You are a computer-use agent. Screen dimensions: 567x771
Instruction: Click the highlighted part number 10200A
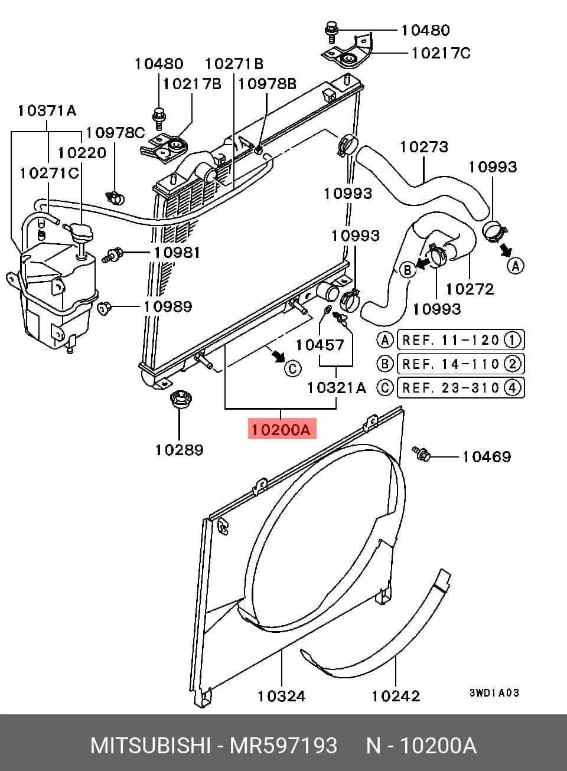(282, 430)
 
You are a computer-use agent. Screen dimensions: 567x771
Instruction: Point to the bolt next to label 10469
(422, 453)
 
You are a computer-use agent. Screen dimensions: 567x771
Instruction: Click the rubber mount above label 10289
(181, 399)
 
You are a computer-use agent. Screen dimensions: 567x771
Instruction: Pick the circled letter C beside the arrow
(292, 368)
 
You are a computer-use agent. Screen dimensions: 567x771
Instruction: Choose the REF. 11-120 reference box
(461, 340)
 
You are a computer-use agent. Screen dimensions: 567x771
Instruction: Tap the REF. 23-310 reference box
(461, 387)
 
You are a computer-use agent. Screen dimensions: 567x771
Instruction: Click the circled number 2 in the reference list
(513, 364)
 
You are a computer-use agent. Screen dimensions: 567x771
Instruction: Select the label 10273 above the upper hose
(424, 147)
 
